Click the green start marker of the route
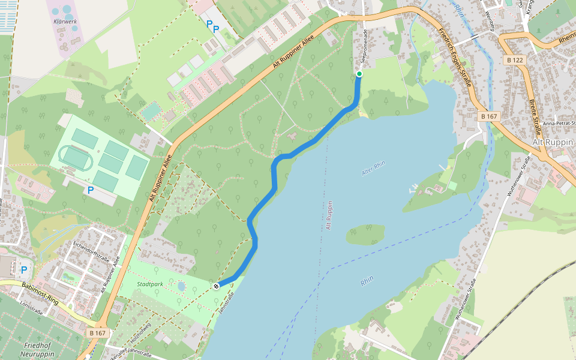coord(359,74)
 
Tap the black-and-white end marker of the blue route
coord(215,286)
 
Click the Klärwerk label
coord(65,21)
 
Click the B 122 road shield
coord(515,60)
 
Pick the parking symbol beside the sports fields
coord(91,190)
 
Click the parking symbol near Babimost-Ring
coord(24,269)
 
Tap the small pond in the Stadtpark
coord(181,286)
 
